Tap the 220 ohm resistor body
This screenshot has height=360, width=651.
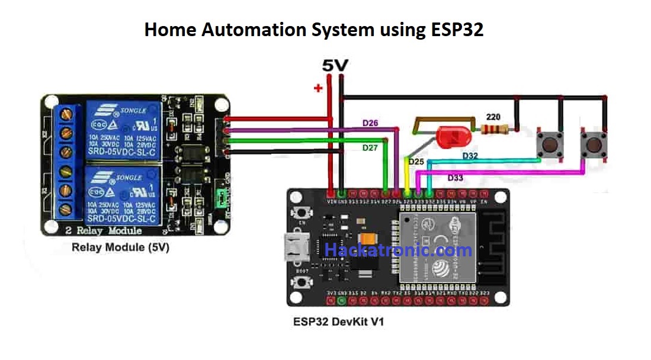click(x=496, y=129)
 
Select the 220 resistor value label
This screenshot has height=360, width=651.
click(x=493, y=117)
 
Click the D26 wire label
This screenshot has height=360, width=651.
click(x=371, y=124)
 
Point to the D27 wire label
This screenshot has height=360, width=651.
click(x=371, y=147)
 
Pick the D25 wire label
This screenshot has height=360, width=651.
click(x=416, y=161)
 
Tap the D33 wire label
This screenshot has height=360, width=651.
click(x=457, y=178)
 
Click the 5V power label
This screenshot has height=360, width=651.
click(x=335, y=66)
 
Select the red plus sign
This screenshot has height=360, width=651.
click(x=318, y=89)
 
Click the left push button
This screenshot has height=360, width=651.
click(x=549, y=143)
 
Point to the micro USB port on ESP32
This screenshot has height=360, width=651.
click(x=294, y=246)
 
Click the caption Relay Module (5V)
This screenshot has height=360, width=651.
click(x=120, y=247)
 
